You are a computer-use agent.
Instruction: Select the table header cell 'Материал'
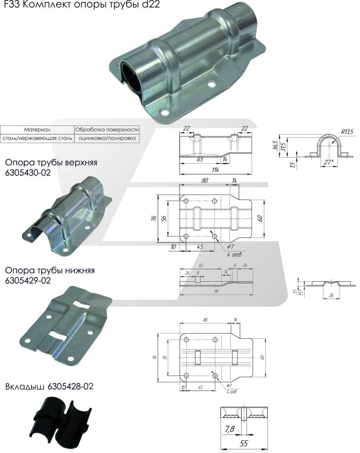point(37,129)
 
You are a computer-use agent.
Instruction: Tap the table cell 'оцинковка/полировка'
point(107,138)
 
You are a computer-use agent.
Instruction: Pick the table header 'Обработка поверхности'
point(107,129)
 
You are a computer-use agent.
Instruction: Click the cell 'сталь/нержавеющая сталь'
point(37,138)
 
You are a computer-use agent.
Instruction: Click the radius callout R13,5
point(346,131)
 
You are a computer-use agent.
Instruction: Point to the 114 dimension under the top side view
point(215,170)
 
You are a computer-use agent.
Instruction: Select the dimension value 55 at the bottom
point(243,445)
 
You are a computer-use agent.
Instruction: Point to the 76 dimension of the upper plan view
point(154,218)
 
